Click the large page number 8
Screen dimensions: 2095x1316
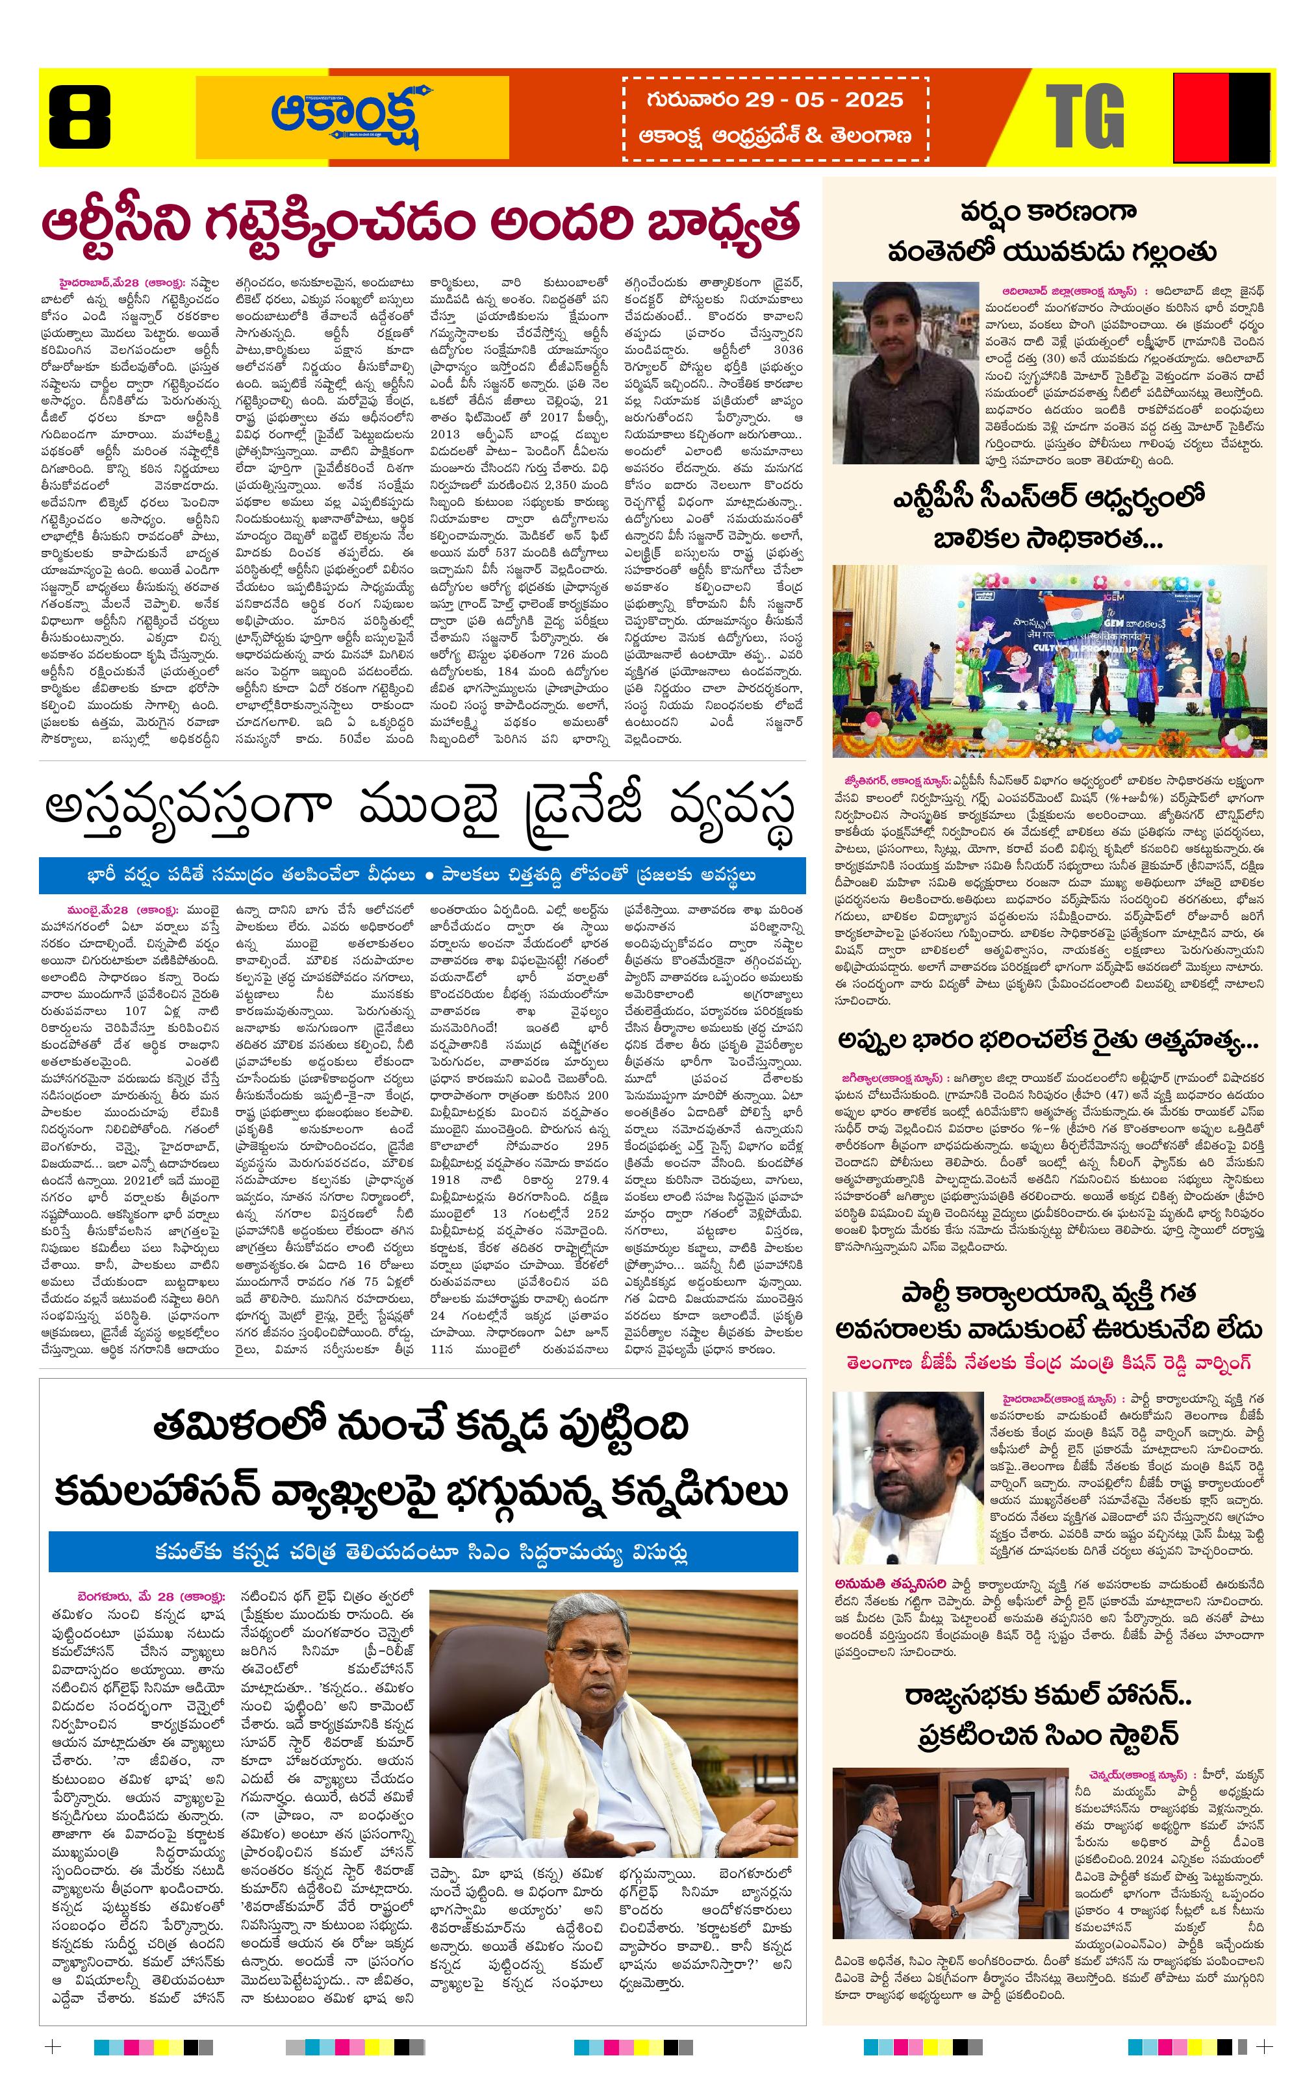[x=79, y=117]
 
